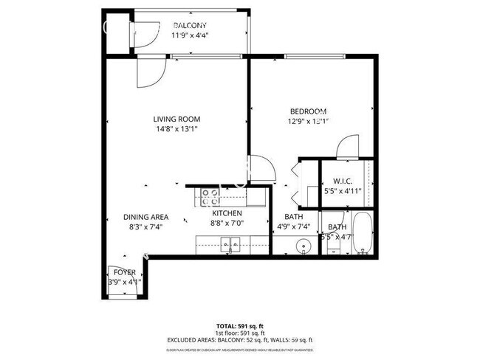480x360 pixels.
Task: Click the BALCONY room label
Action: point(190,25)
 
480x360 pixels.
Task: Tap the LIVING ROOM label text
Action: point(176,119)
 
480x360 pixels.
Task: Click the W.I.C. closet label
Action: point(343,181)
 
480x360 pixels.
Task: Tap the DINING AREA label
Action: point(145,217)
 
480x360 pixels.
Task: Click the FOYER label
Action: point(124,272)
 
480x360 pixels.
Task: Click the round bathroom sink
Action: point(303,246)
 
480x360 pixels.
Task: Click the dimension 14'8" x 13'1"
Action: point(176,128)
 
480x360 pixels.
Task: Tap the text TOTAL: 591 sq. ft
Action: point(240,325)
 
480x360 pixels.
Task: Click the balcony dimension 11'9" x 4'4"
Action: point(190,35)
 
